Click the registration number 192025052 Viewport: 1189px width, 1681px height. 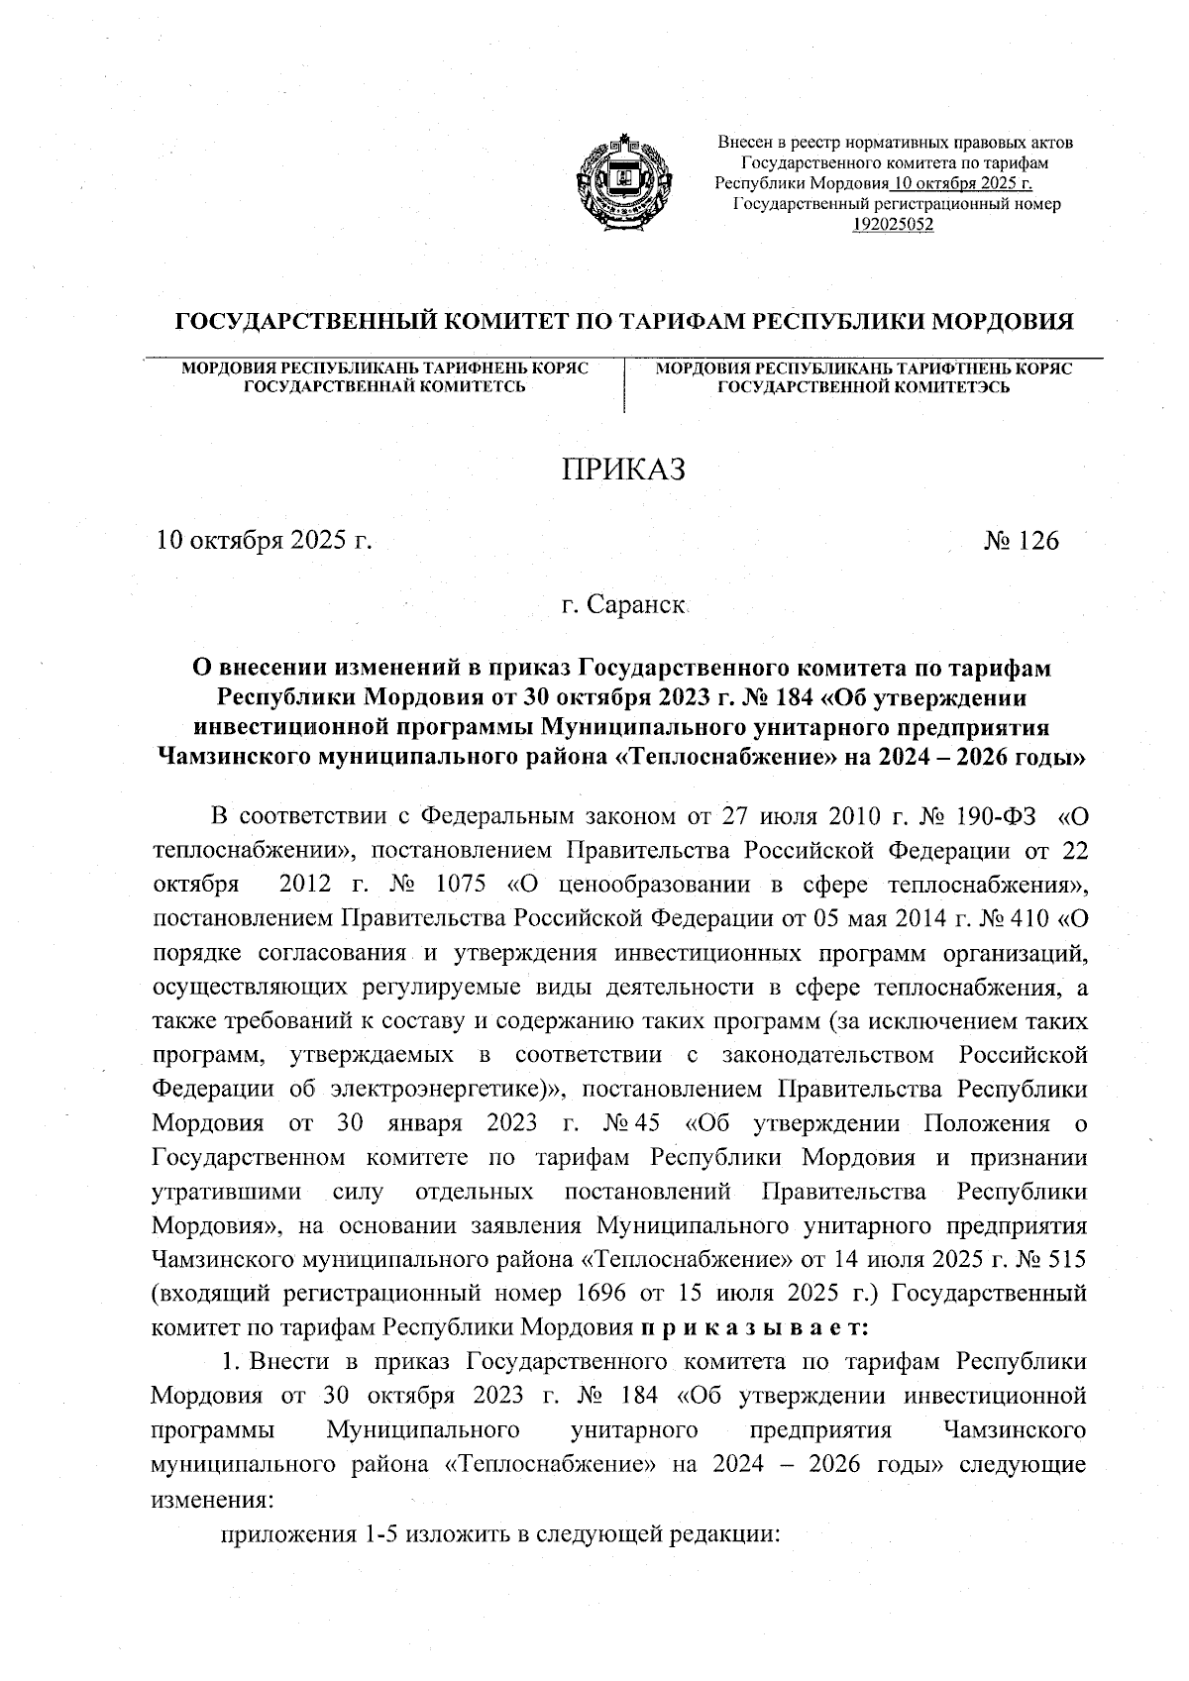click(x=894, y=224)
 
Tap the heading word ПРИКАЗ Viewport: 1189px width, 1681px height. click(x=624, y=470)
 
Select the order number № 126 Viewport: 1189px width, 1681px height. click(x=1021, y=541)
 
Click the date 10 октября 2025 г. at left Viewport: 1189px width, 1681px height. click(x=262, y=541)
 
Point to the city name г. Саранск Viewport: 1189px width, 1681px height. click(x=624, y=603)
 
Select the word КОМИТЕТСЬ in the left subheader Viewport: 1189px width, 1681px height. click(x=470, y=387)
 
